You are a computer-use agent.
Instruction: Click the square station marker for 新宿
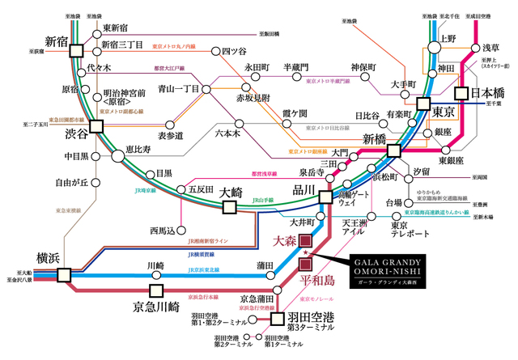[x=75, y=49]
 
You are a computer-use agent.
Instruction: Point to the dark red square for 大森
[x=305, y=240]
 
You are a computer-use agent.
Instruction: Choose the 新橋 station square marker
[x=394, y=150]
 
